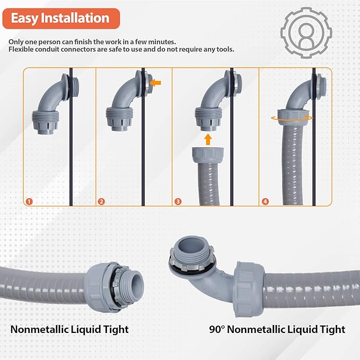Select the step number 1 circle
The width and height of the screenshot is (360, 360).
[x=29, y=201]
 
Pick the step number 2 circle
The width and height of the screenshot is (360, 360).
[x=101, y=201]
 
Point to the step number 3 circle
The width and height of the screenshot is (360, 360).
[x=179, y=201]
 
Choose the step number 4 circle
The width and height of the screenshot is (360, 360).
[x=265, y=201]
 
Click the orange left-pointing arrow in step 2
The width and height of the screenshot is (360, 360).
[x=155, y=83]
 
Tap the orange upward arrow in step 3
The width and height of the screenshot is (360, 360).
[x=208, y=139]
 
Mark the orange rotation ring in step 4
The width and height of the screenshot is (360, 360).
[x=292, y=118]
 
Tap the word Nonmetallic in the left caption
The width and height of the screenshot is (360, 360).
[x=39, y=329]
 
